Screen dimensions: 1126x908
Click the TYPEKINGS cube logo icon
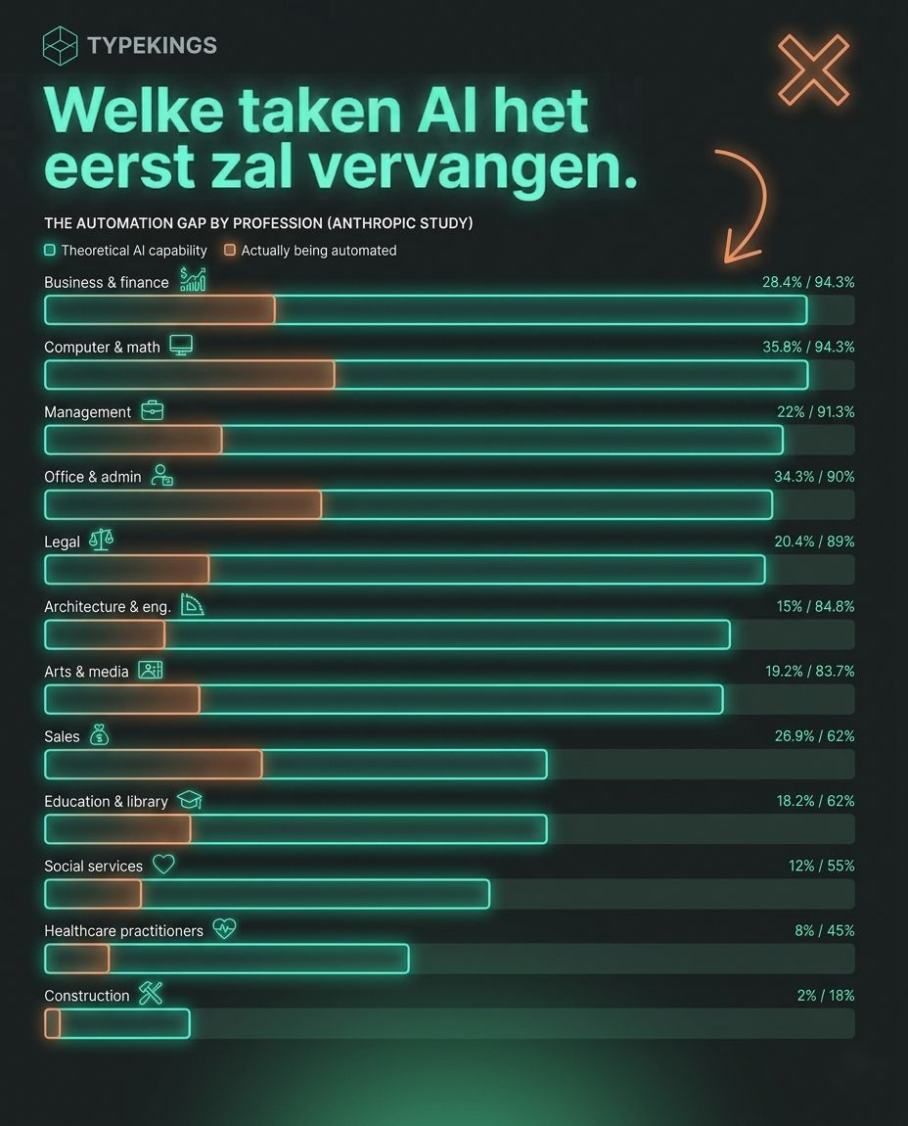coord(60,46)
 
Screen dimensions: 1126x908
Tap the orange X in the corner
coord(813,70)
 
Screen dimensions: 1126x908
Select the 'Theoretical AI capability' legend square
coord(50,251)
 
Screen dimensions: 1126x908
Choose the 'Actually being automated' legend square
coord(230,251)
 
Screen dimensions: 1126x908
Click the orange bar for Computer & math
coord(190,375)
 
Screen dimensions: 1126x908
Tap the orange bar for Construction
coord(53,1023)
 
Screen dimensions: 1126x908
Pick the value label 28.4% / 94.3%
coord(808,282)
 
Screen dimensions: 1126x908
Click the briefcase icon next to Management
coord(152,410)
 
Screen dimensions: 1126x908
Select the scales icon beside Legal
coord(101,540)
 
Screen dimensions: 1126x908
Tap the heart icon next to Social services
coord(163,865)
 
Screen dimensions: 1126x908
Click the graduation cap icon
coord(189,800)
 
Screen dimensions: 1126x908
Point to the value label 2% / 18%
coord(826,995)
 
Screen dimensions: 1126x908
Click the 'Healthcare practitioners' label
coord(123,930)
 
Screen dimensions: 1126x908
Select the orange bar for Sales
coord(154,764)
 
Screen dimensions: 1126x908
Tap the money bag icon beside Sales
coord(98,734)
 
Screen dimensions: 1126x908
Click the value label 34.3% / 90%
coord(814,476)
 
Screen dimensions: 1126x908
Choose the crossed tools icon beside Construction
coord(150,994)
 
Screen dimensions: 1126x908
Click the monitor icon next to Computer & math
coord(181,345)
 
